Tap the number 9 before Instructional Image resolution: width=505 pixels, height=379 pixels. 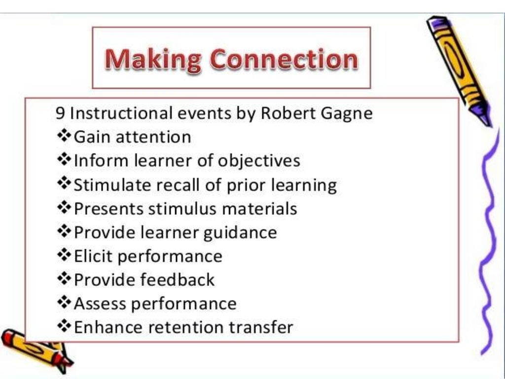(x=60, y=114)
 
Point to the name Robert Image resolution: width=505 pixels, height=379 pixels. (x=286, y=114)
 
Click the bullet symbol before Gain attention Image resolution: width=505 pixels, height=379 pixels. (x=64, y=137)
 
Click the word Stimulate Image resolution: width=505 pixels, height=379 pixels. (x=113, y=185)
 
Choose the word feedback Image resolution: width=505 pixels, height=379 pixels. (x=177, y=280)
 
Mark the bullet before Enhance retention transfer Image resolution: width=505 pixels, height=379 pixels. (x=64, y=327)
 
